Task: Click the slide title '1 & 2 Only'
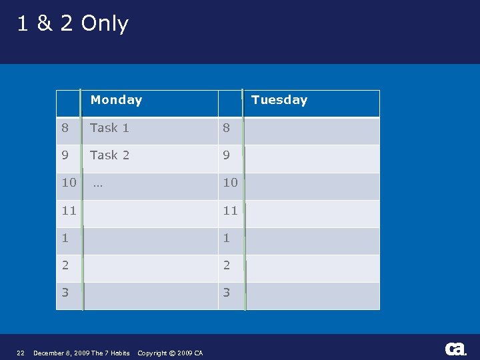73,24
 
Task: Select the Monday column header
116,100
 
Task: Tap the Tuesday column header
279,100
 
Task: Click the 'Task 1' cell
109,127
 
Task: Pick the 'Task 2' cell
109,155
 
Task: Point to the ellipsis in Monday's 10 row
98,183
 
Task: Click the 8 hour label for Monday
65,127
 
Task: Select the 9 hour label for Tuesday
227,155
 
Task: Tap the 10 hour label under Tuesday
230,183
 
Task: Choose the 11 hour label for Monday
69,211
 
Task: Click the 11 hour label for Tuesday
230,211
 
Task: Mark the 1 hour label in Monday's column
65,238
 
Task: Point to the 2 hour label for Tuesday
227,265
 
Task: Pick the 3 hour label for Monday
65,293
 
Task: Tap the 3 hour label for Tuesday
227,293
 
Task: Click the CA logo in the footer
455,349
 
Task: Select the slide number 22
20,353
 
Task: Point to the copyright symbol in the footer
173,353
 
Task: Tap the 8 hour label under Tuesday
227,127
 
